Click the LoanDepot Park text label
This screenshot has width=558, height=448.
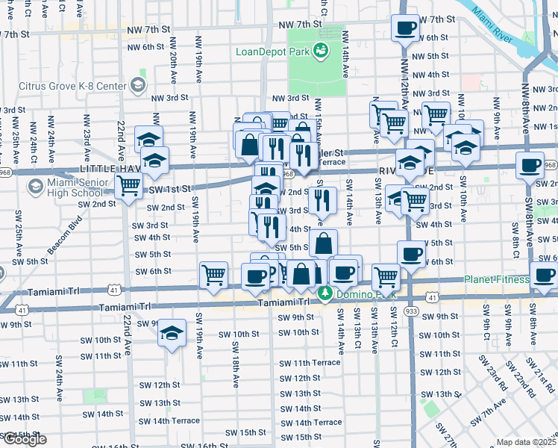click(272, 52)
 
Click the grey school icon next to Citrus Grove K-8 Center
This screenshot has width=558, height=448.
click(138, 85)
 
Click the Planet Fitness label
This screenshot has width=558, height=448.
click(496, 280)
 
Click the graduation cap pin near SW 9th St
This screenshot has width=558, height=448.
click(172, 334)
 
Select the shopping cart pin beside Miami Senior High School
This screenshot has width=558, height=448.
click(129, 185)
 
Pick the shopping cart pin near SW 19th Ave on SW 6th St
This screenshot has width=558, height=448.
click(213, 276)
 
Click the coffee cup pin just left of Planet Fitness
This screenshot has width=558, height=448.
click(543, 275)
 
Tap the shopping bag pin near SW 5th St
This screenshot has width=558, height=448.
click(323, 243)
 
